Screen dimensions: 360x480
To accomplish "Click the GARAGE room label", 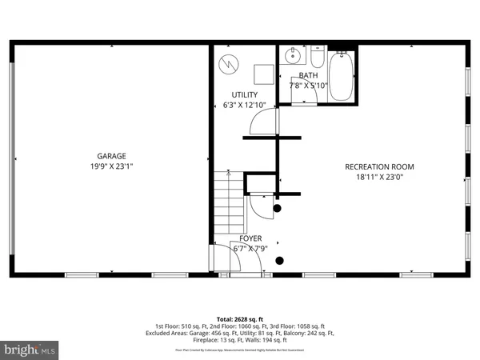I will [112, 156].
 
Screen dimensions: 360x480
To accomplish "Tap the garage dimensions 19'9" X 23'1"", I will [112, 166].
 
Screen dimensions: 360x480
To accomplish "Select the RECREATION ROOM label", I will [380, 166].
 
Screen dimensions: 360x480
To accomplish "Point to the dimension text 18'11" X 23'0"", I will [380, 178].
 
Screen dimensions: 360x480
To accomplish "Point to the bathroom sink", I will [294, 56].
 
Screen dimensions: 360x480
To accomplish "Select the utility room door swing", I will [261, 122].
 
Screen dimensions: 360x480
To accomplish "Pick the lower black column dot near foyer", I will [279, 260].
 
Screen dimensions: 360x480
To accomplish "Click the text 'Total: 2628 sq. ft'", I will [240, 318].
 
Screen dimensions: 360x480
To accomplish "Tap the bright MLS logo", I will [30, 350].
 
